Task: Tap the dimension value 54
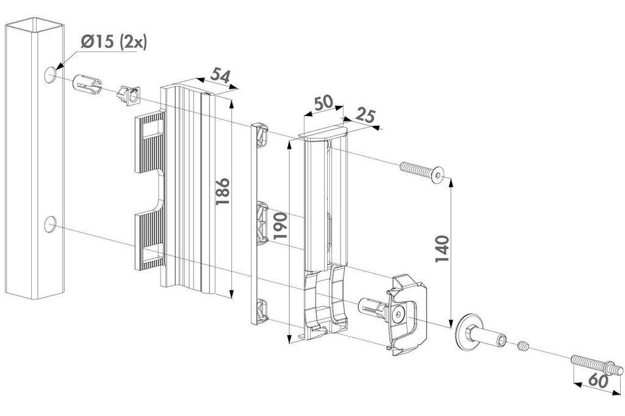(220, 76)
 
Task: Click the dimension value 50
(323, 102)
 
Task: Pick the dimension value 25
(364, 116)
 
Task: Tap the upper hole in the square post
(50, 74)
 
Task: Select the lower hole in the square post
(50, 224)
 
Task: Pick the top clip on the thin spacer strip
(262, 134)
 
